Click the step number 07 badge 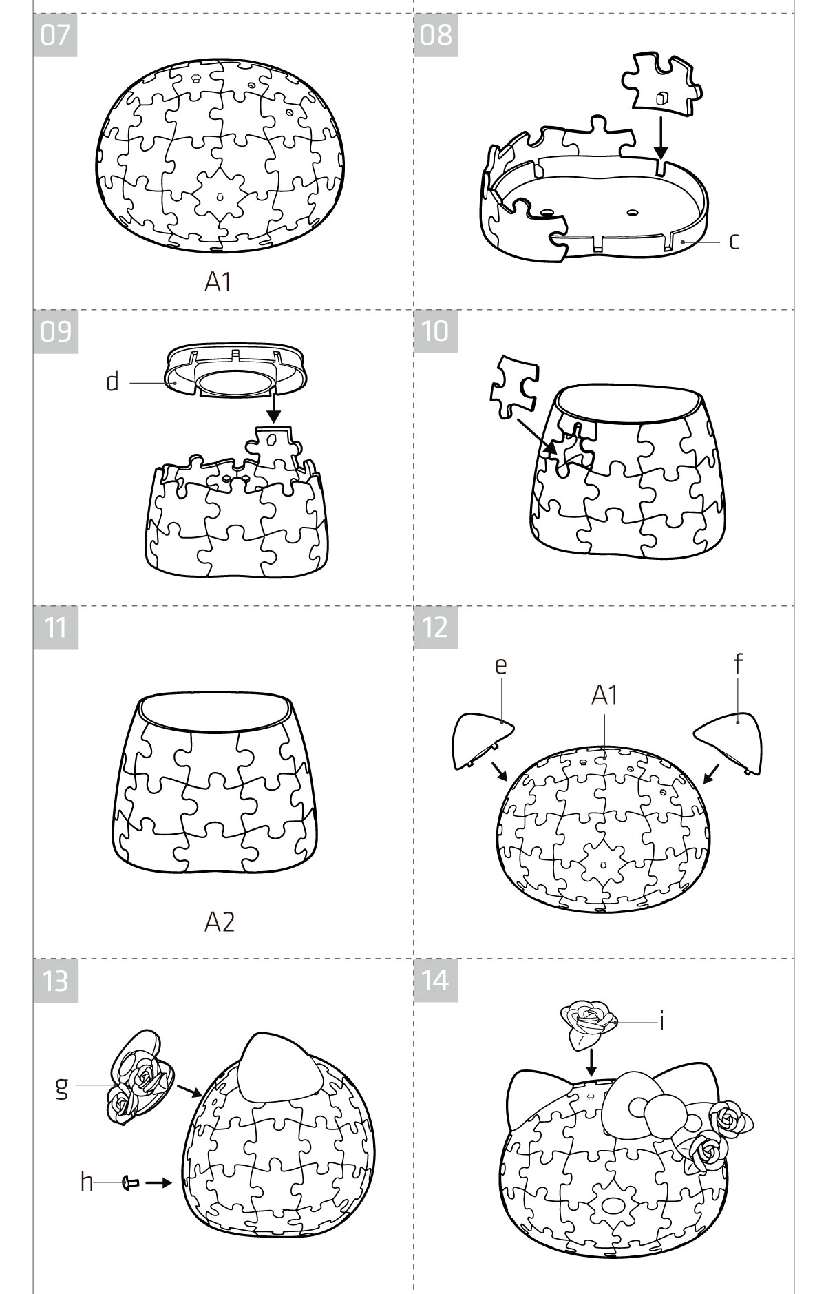55,34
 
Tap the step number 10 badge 436,331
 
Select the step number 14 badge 436,980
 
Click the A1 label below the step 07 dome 218,282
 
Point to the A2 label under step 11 220,922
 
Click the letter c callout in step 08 734,241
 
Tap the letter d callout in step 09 112,381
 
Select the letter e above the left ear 500,666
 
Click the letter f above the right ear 738,664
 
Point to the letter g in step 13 61,1087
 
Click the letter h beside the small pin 86,1182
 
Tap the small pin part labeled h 130,1182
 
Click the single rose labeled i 589,1023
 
